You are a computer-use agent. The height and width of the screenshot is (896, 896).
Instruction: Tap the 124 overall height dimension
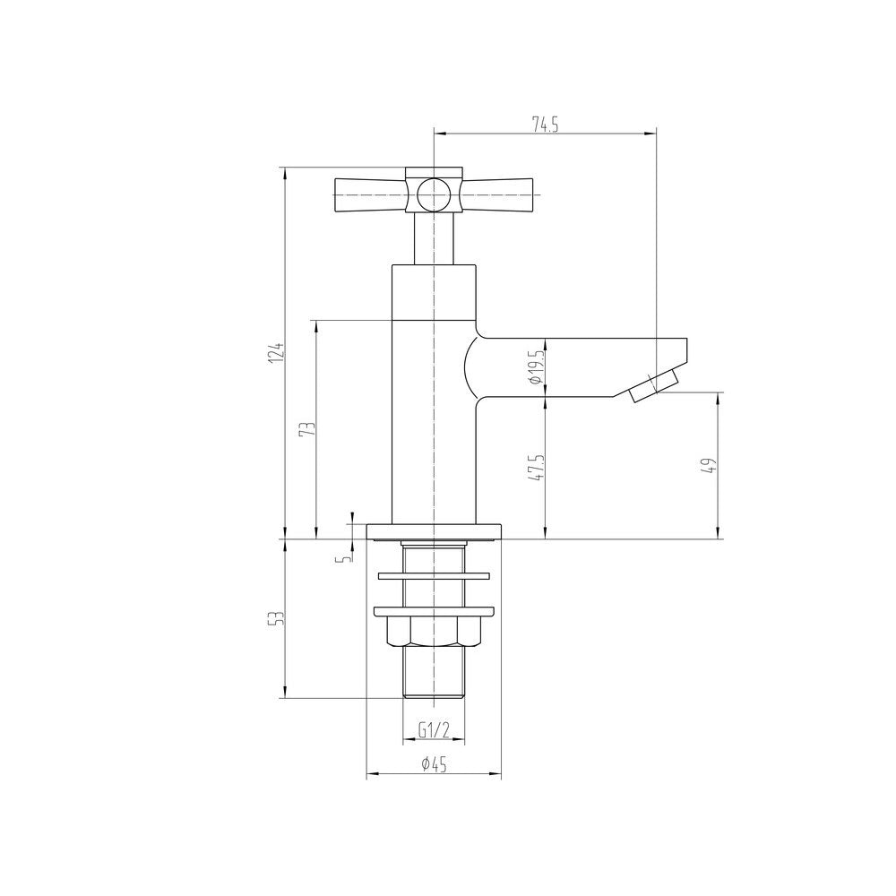click(278, 354)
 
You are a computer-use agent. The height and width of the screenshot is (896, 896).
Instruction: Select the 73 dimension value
click(308, 428)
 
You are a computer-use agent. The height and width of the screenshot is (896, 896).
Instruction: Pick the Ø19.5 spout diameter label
click(536, 366)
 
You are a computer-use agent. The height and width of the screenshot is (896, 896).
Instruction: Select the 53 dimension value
click(278, 617)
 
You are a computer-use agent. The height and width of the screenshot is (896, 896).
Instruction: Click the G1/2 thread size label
click(435, 729)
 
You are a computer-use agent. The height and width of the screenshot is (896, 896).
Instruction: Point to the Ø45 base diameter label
click(434, 763)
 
